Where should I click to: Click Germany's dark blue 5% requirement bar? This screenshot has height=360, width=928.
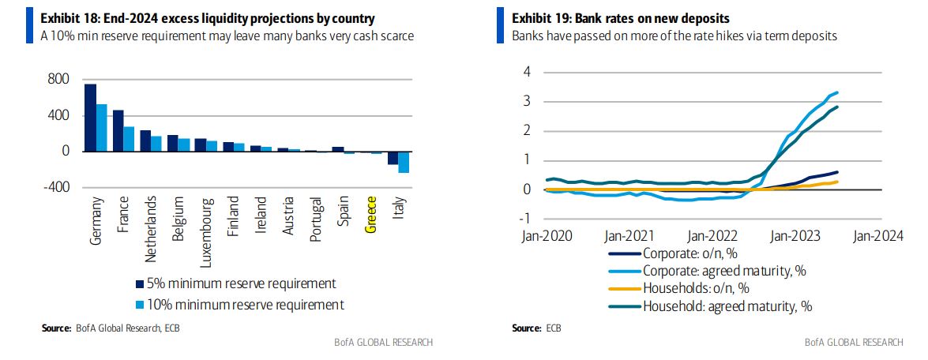tap(90, 118)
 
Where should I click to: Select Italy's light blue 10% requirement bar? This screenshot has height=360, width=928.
tap(404, 162)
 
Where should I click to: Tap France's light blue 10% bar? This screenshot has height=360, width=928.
tap(129, 139)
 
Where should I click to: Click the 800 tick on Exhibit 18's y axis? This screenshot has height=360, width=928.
tap(60, 80)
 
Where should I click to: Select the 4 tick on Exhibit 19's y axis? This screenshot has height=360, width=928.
tap(528, 72)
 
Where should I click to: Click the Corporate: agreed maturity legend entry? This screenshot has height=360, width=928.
tap(723, 271)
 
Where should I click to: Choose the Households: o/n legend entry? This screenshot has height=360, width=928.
tap(695, 288)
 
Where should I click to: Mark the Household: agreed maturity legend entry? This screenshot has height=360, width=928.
tap(727, 306)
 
